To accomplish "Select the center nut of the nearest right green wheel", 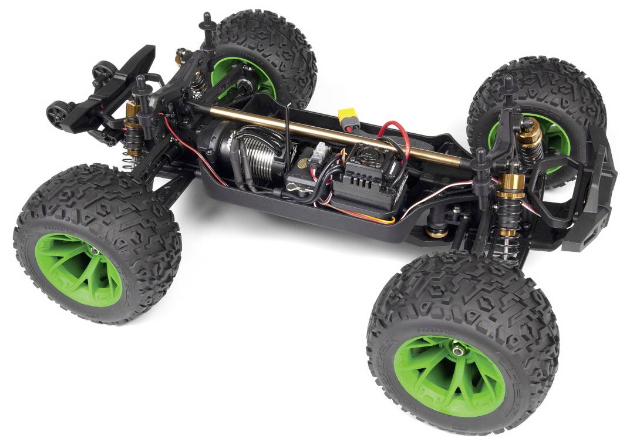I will [x=457, y=350].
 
